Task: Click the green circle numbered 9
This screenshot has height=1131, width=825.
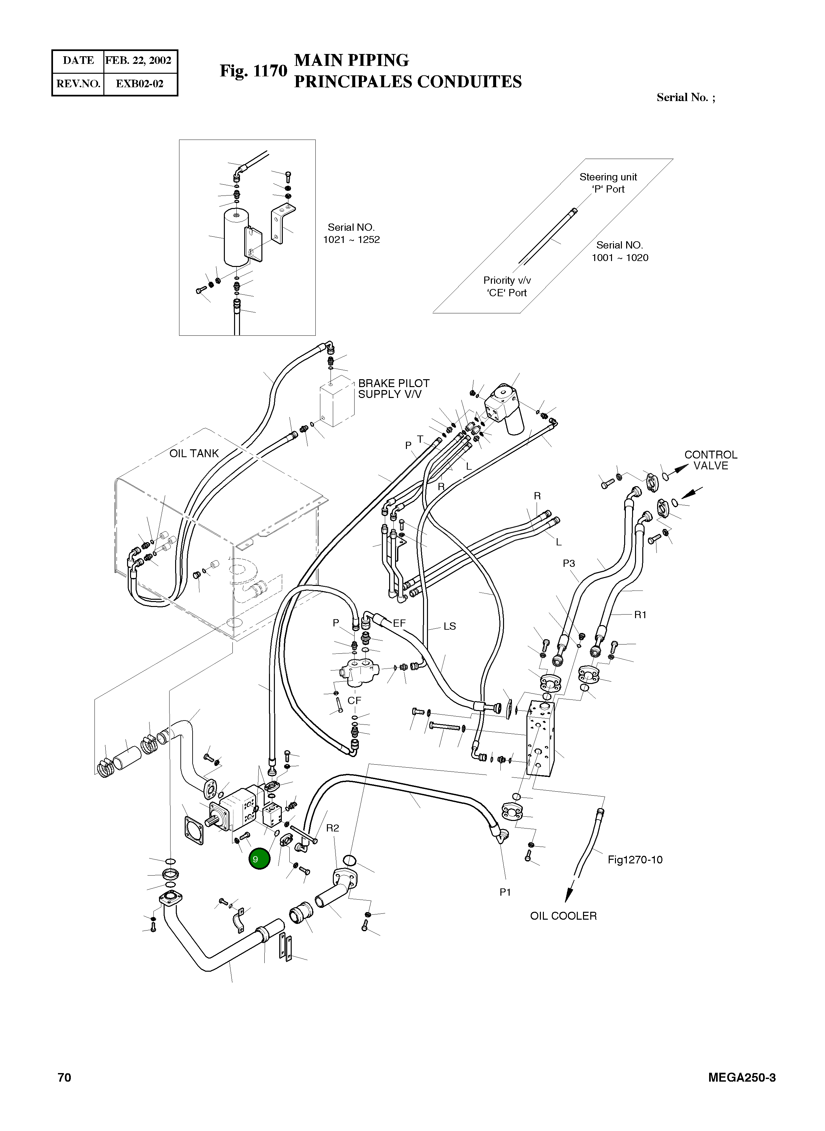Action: point(259,859)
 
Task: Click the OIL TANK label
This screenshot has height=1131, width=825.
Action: point(194,453)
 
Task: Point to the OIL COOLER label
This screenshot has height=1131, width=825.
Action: point(563,916)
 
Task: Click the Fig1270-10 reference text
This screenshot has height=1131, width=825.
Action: point(635,859)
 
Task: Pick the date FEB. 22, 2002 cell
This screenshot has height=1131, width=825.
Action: point(138,61)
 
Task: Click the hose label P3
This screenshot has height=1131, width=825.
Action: point(569,563)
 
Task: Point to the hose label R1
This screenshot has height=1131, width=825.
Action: point(640,615)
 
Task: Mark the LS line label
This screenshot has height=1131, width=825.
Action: point(449,626)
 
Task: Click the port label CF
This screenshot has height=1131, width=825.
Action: point(354,700)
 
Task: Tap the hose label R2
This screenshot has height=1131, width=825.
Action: point(333,828)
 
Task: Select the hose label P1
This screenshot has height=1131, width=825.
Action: point(505,892)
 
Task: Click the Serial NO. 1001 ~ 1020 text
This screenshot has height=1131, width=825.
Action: point(620,251)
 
